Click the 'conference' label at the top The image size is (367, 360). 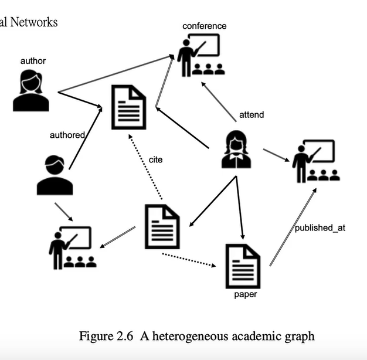pyautogui.click(x=204, y=26)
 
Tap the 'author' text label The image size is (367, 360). pyautogui.click(x=33, y=61)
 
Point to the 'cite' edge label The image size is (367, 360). pyautogui.click(x=155, y=159)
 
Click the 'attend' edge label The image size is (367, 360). pyautogui.click(x=252, y=114)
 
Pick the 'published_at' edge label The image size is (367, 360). pyautogui.click(x=320, y=227)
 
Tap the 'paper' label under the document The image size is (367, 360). pyautogui.click(x=246, y=294)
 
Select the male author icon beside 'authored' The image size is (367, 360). pyautogui.click(x=55, y=175)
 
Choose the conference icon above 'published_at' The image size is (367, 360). pyautogui.click(x=315, y=161)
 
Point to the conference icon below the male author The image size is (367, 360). pyautogui.click(x=72, y=247)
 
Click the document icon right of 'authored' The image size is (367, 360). pyautogui.click(x=128, y=107)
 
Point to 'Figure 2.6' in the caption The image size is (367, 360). pyautogui.click(x=104, y=336)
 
